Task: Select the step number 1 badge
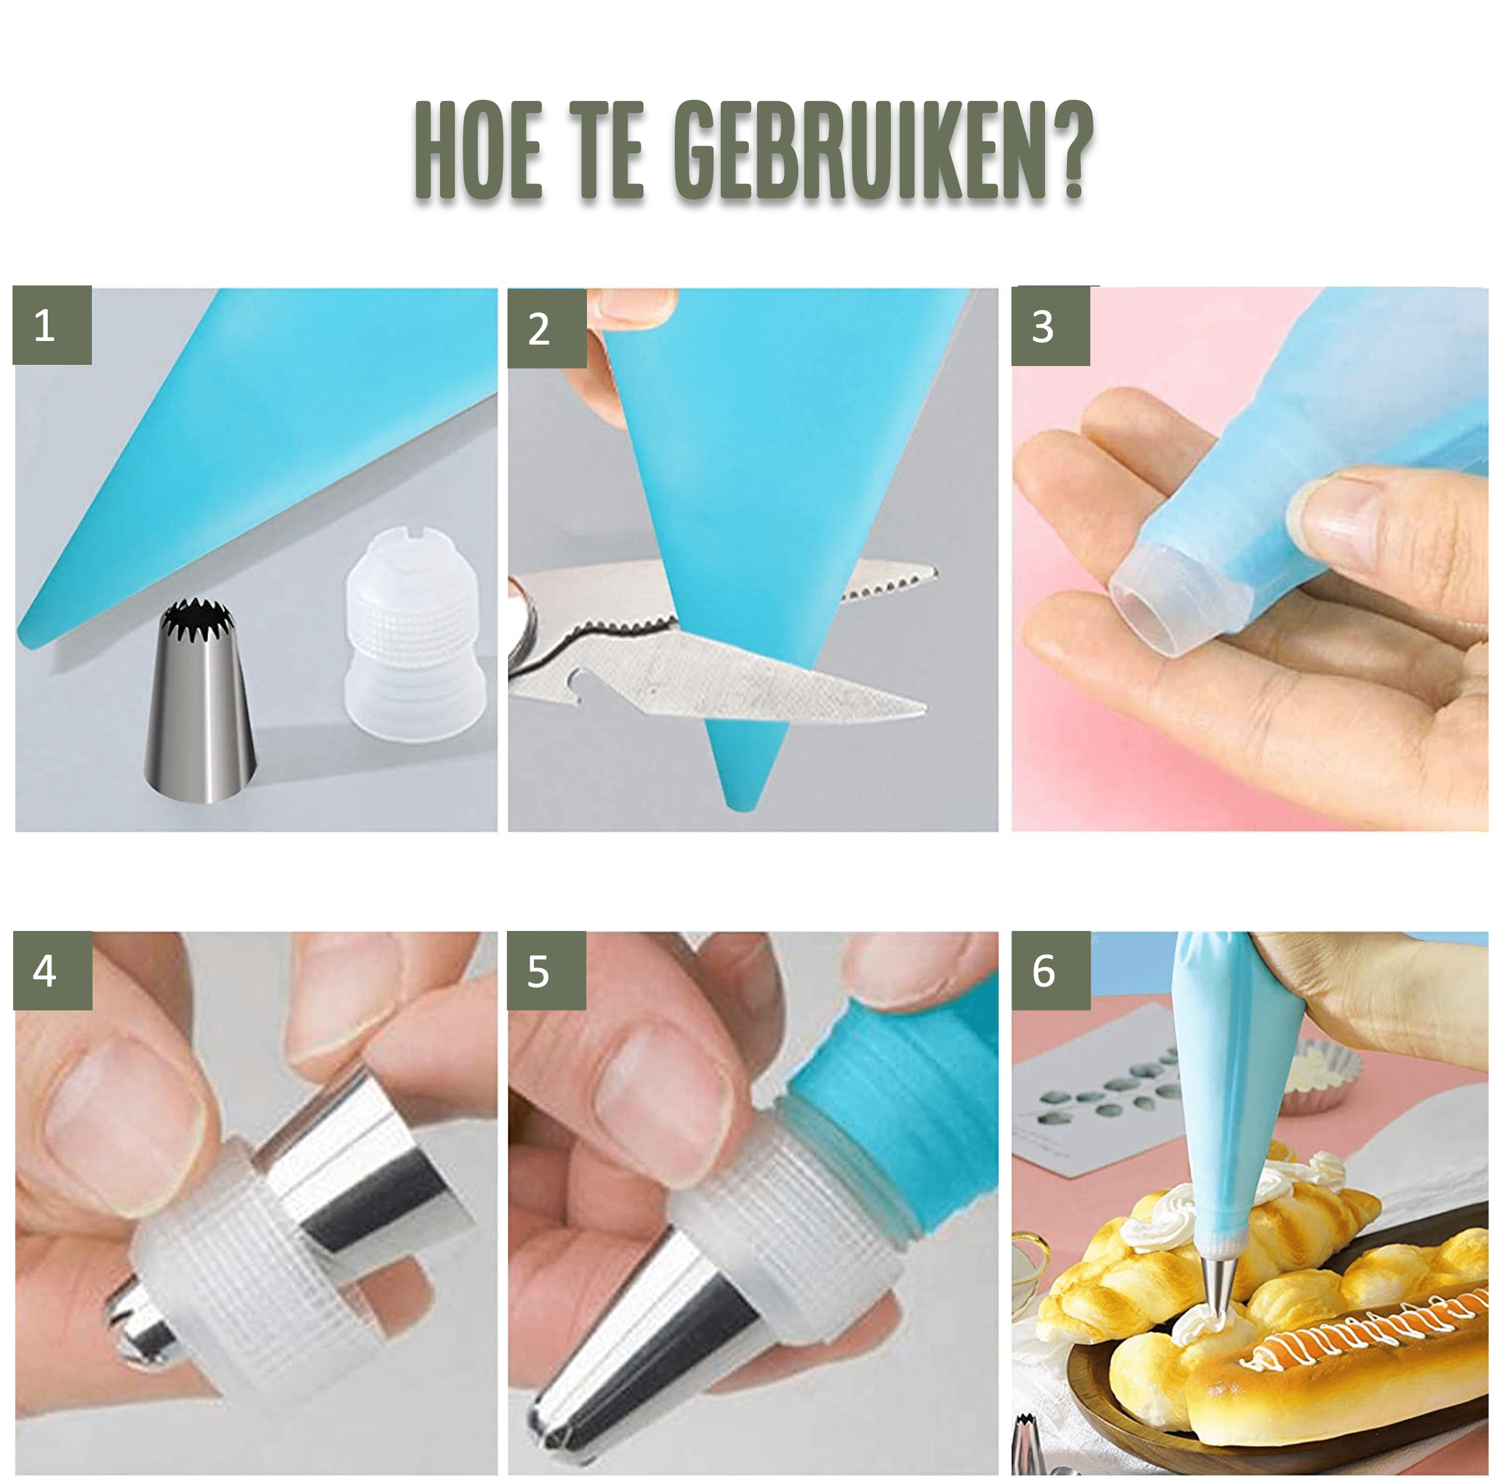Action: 53,325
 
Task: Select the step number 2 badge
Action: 547,328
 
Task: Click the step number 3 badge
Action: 1051,327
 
